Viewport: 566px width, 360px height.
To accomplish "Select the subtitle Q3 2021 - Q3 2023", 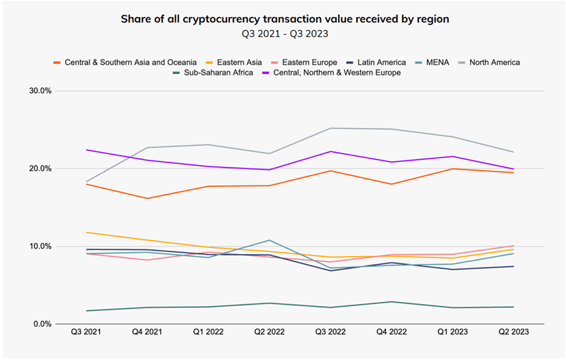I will tap(283, 34).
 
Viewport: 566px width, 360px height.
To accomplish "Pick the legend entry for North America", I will tap(489, 62).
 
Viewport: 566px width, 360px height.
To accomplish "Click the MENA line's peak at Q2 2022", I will tap(270, 240).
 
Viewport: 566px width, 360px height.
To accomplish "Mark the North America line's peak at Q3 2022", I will tap(331, 128).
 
